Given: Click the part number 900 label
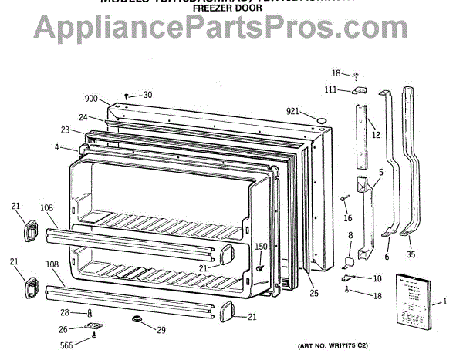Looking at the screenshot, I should tap(92, 98).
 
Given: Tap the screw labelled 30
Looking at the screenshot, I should tap(126, 96).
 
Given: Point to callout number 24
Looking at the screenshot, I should tap(82, 117).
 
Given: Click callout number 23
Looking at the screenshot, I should tap(66, 130).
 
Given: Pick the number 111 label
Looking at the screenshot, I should tap(330, 90).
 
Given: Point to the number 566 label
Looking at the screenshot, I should tap(68, 345).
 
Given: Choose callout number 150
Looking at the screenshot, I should tap(261, 247).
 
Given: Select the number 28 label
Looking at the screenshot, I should tap(67, 312).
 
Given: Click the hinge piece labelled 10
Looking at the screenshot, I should tap(347, 276).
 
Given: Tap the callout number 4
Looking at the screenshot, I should tap(57, 146).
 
